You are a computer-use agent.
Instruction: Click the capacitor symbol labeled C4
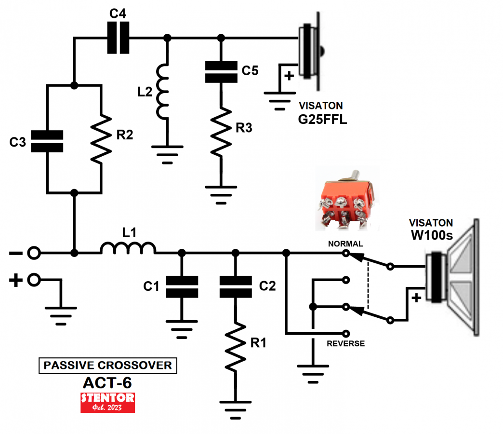click(x=118, y=38)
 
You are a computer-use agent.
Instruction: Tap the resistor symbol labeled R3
click(x=220, y=130)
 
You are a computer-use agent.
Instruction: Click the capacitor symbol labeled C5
click(x=220, y=72)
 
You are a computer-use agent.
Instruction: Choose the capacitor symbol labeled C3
click(x=47, y=141)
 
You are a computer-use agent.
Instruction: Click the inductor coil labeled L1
click(x=128, y=249)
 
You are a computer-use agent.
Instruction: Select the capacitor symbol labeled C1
click(x=182, y=287)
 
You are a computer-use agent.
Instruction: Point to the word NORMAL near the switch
click(x=345, y=244)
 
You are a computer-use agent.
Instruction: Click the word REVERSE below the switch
click(x=345, y=344)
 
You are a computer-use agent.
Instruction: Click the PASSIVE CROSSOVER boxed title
click(x=107, y=366)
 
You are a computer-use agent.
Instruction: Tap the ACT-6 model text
click(x=107, y=382)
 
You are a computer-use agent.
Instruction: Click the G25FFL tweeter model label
click(x=322, y=119)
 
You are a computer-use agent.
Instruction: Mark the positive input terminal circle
click(x=33, y=279)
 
